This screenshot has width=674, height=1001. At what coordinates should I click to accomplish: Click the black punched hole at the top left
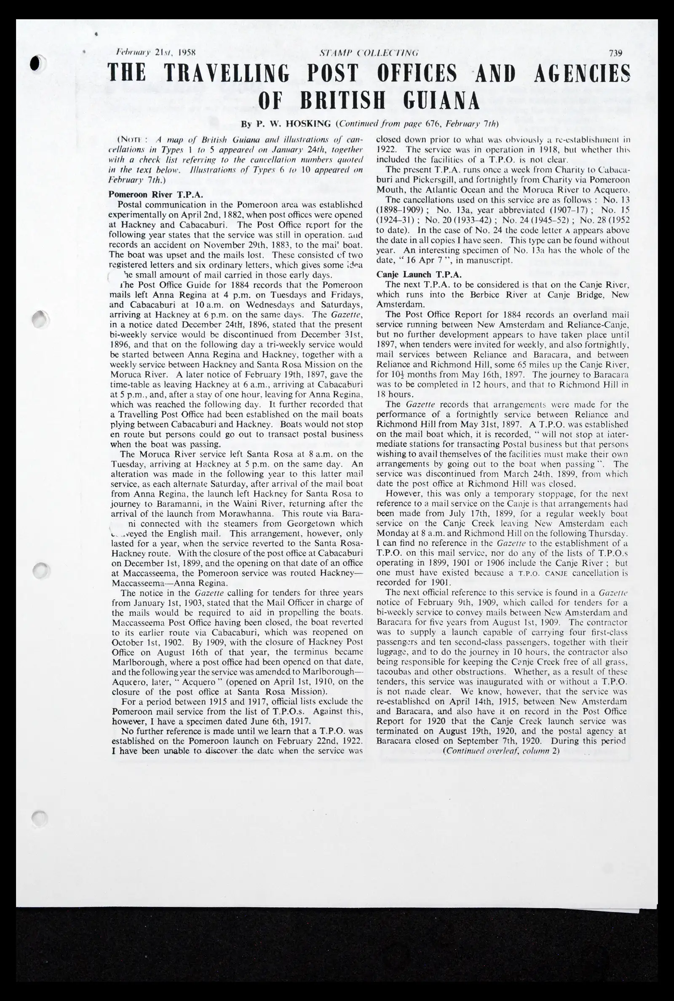[x=38, y=63]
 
